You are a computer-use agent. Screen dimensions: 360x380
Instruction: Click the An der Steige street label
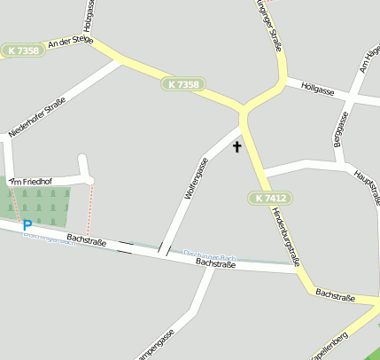click(x=70, y=41)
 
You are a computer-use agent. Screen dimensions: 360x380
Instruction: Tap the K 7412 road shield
click(x=270, y=198)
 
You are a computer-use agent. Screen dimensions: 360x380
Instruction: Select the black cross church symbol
click(x=237, y=146)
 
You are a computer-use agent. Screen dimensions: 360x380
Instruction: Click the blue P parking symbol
click(x=27, y=226)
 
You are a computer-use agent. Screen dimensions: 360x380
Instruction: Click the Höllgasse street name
click(x=317, y=90)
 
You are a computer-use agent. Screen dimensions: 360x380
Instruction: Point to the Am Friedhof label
click(x=32, y=181)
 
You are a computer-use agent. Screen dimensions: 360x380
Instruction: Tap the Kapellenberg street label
click(x=330, y=346)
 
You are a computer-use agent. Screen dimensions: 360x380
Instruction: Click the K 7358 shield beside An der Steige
click(x=22, y=51)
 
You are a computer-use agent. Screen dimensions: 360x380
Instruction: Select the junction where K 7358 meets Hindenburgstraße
click(x=243, y=113)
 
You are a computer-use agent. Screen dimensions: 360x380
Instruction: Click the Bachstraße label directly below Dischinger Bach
click(x=217, y=263)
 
